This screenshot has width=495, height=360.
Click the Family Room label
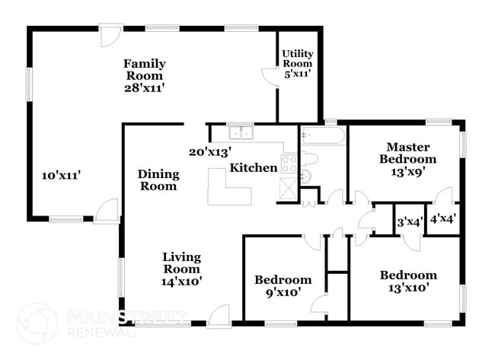click(x=145, y=70)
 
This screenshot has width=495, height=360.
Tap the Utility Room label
click(x=297, y=59)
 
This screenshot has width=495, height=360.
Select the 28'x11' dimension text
click(x=145, y=88)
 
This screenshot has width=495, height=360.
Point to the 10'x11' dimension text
click(x=61, y=175)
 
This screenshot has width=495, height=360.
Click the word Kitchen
click(x=254, y=167)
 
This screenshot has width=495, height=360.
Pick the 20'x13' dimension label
click(x=210, y=151)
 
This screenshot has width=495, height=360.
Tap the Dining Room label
click(x=158, y=180)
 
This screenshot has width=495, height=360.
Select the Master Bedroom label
click(x=412, y=153)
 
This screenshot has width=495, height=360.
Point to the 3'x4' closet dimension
click(x=410, y=222)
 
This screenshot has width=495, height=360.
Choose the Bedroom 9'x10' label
click(x=283, y=285)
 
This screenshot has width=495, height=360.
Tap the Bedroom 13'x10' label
click(x=409, y=281)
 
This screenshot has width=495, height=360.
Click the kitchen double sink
click(x=241, y=132)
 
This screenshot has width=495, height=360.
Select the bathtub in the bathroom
click(x=323, y=137)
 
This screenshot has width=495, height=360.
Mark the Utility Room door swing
click(x=270, y=78)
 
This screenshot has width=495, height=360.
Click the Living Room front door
click(x=219, y=316)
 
